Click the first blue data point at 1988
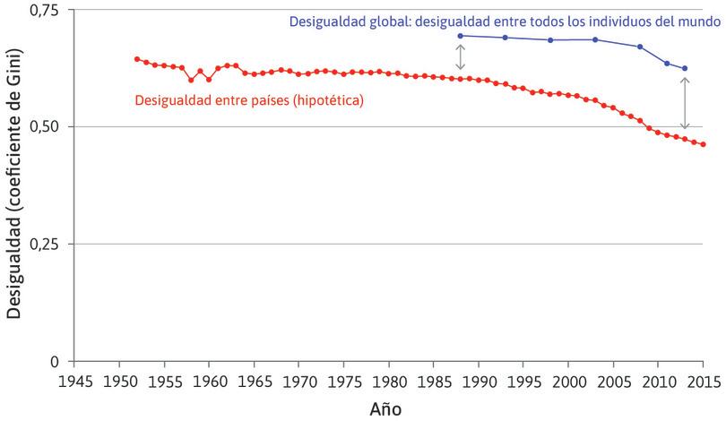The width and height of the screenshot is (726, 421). [461, 36]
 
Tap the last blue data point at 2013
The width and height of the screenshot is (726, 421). [685, 68]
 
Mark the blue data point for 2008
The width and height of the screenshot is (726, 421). [640, 47]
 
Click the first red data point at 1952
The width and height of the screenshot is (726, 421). [136, 59]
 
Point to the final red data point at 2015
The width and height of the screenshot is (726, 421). [703, 144]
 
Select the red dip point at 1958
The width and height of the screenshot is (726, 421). [191, 80]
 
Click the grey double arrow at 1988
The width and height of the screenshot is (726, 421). [461, 57]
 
